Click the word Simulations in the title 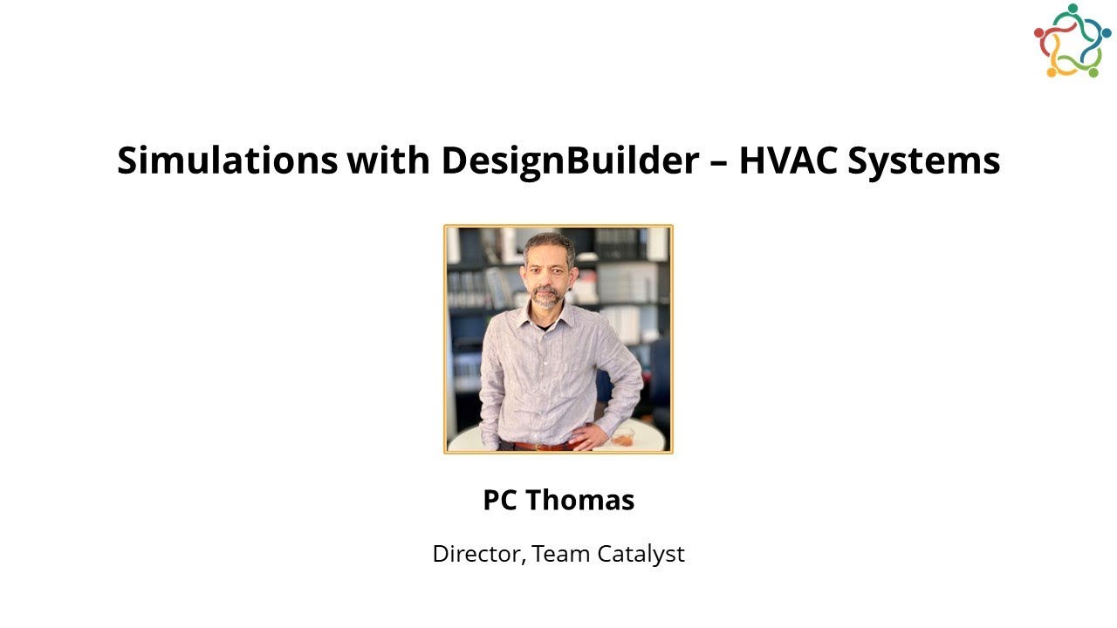[227, 161]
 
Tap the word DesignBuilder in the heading [570, 161]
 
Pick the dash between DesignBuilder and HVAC [719, 163]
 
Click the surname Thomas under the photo [579, 501]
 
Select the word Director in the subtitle [477, 554]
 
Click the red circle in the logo [1039, 33]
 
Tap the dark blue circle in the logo [1107, 32]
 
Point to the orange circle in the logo [1052, 72]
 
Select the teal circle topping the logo [1072, 9]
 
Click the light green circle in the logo [1093, 72]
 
